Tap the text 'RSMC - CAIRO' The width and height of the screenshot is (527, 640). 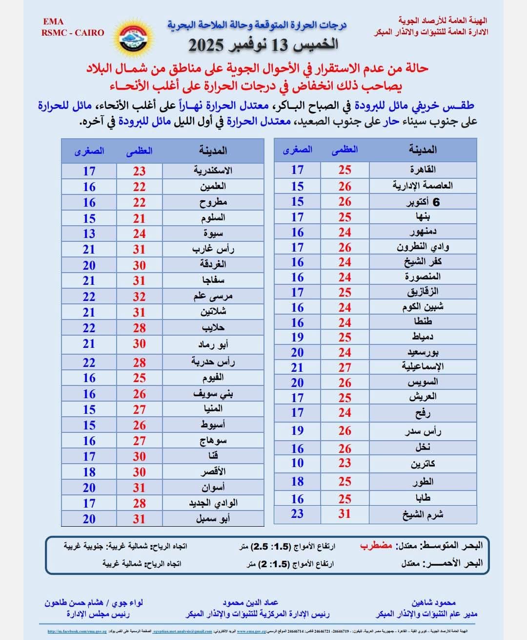click(x=73, y=33)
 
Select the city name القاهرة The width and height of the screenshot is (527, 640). click(x=423, y=170)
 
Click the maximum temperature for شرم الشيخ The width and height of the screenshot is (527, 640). click(x=345, y=514)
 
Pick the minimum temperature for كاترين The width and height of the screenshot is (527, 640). click(x=297, y=463)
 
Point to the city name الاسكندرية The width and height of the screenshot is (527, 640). click(x=213, y=171)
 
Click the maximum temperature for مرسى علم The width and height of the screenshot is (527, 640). click(x=139, y=297)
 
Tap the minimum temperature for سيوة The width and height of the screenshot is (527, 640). click(x=89, y=234)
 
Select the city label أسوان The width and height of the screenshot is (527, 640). click(x=213, y=487)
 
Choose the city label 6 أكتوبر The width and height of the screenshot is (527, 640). click(x=423, y=202)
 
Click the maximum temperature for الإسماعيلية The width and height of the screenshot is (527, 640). click(x=345, y=367)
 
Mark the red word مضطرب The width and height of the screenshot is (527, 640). click(x=376, y=546)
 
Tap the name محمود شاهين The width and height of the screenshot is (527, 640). click(x=433, y=603)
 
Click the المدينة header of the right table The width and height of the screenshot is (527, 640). click(x=423, y=149)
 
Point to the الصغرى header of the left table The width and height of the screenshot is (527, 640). click(x=89, y=151)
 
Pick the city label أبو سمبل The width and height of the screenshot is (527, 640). click(x=213, y=518)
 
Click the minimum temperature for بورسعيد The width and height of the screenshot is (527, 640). click(x=297, y=352)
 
